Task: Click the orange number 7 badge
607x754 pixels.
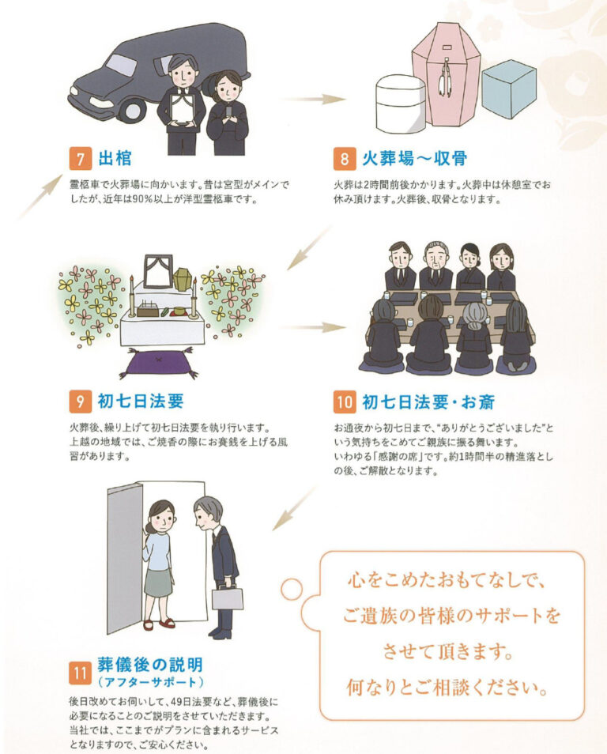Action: pyautogui.click(x=80, y=159)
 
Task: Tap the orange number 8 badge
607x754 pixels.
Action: pyautogui.click(x=345, y=159)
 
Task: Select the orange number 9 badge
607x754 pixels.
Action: pyautogui.click(x=80, y=402)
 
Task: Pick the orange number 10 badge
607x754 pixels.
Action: pyautogui.click(x=345, y=402)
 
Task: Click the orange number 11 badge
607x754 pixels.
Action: pyautogui.click(x=80, y=673)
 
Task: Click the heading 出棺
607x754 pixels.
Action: pyautogui.click(x=115, y=158)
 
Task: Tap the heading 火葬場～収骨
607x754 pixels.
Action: pyautogui.click(x=414, y=158)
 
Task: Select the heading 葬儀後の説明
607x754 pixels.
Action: pyautogui.click(x=150, y=665)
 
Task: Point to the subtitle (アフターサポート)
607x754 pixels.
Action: pyautogui.click(x=150, y=682)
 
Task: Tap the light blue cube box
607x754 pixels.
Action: pyautogui.click(x=509, y=89)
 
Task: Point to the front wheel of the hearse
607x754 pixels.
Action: pyautogui.click(x=134, y=109)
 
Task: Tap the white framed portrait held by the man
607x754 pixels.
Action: pyautogui.click(x=183, y=109)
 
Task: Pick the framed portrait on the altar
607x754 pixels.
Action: pyautogui.click(x=158, y=271)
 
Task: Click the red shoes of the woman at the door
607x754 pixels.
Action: pyautogui.click(x=159, y=624)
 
